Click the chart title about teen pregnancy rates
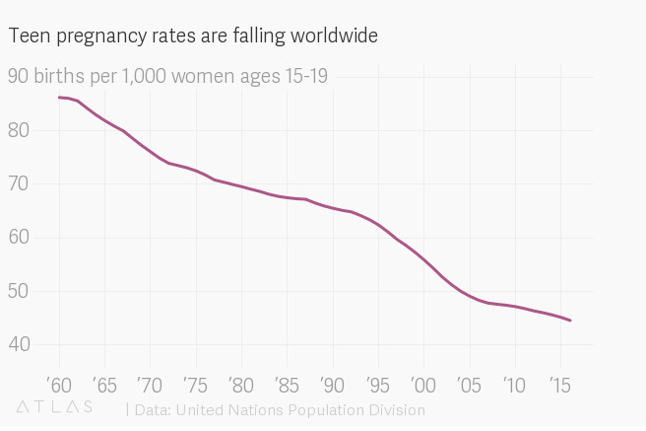tap(193, 36)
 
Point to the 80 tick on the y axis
tap(20, 130)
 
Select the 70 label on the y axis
tap(20, 183)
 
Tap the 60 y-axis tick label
tap(20, 238)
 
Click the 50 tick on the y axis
tap(20, 291)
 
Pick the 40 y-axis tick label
tap(20, 344)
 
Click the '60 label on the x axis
tap(59, 384)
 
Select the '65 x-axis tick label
tap(104, 384)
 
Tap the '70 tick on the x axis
tap(150, 384)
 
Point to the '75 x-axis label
tap(195, 384)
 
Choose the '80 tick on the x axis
tap(240, 384)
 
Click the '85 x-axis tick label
tap(287, 384)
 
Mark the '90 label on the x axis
tap(332, 384)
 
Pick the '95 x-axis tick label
tap(377, 384)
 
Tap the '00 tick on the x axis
tap(422, 384)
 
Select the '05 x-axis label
tap(469, 384)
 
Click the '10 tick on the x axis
tap(514, 384)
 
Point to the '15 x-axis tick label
tap(559, 384)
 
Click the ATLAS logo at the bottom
tap(55, 407)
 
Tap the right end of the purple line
tap(570, 321)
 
